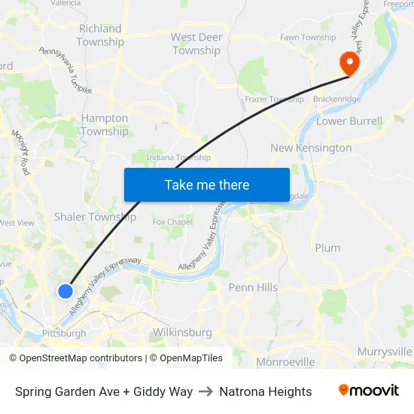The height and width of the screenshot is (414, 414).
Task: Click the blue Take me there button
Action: tap(206, 184)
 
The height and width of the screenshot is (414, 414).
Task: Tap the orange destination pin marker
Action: tap(349, 62)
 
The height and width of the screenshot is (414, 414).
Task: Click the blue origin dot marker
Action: tap(65, 291)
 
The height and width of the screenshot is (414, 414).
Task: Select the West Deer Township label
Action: tap(196, 44)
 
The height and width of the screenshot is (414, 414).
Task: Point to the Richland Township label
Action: tap(100, 35)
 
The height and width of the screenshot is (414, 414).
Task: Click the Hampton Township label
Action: tap(105, 125)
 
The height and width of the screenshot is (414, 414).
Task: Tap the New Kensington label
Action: tap(311, 148)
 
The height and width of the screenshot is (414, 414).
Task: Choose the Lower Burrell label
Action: tap(350, 120)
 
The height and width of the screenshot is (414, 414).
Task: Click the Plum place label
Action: tap(327, 248)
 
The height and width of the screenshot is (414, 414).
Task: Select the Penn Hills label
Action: tap(253, 288)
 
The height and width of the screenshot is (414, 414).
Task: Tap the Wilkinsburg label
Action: tap(182, 332)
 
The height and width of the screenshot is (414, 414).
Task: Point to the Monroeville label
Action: tap(285, 362)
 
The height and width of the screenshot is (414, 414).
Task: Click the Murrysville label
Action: tap(385, 352)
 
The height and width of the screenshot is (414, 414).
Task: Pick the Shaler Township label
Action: tap(95, 217)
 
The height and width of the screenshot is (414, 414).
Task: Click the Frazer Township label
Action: tap(274, 99)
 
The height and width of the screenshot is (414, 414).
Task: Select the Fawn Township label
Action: tap(308, 38)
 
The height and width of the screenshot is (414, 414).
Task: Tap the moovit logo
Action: tap(369, 391)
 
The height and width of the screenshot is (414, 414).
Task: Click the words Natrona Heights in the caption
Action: tap(266, 391)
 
